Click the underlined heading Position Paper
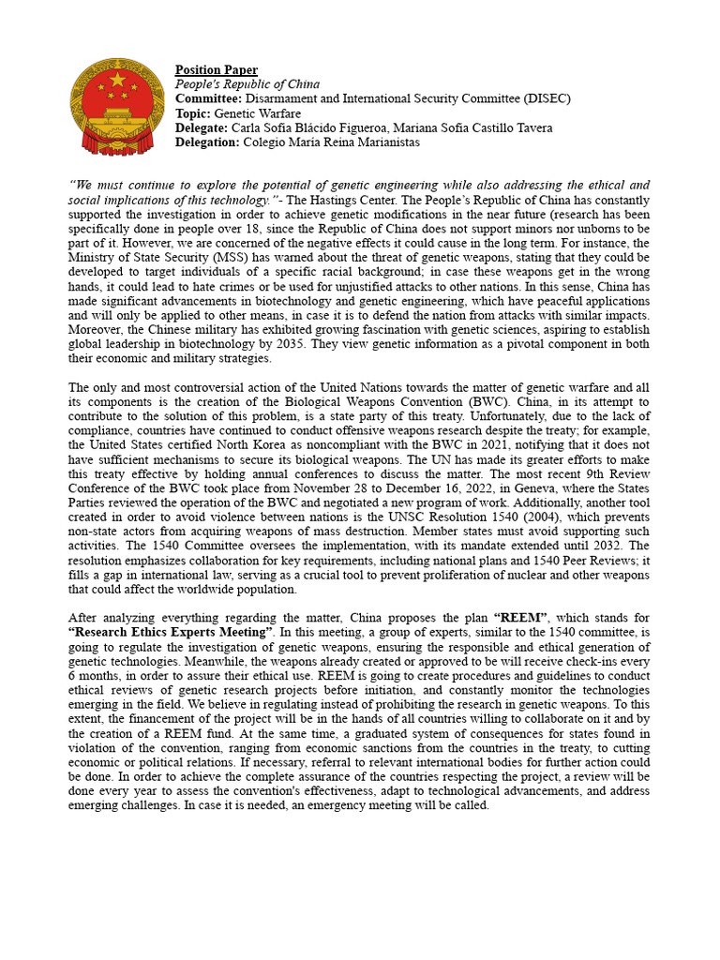coord(217,70)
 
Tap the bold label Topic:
coord(194,113)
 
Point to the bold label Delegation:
coord(208,142)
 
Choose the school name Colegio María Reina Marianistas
coord(332,142)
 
